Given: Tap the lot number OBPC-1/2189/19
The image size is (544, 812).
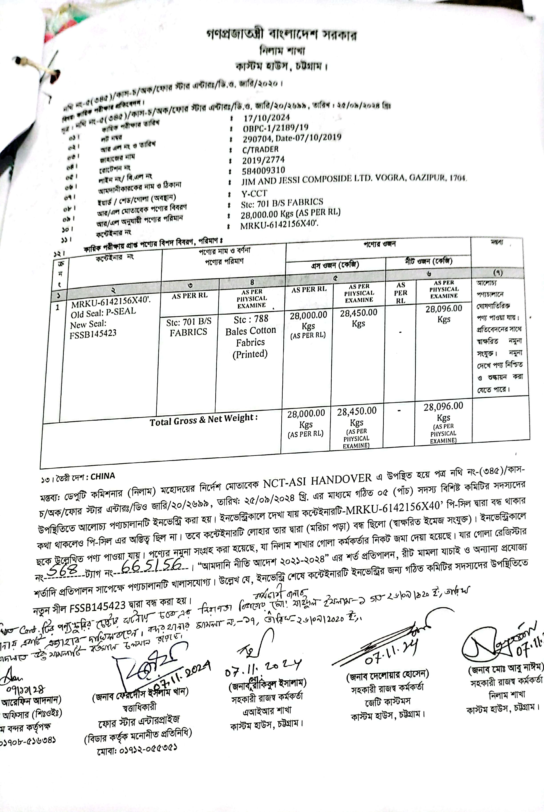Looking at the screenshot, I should tap(276, 128).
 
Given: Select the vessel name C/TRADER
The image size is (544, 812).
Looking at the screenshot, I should tap(260, 149).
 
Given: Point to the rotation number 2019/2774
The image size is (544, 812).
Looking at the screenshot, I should tap(263, 160).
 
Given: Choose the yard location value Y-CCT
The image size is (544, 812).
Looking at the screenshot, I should tap(254, 193).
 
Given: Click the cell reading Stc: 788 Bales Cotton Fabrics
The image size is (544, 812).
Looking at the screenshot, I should tap(250, 336).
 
